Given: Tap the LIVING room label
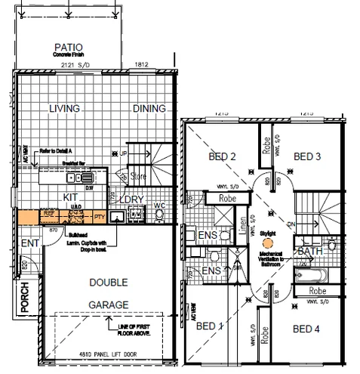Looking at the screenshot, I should click(64, 109).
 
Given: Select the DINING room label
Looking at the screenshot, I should click(149, 109).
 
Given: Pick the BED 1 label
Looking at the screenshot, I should click(210, 327).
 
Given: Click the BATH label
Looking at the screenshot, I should click(311, 251).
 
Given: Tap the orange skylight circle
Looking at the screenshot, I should click(265, 243).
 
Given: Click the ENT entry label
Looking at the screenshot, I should click(29, 243).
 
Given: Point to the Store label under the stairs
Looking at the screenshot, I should click(139, 178).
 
